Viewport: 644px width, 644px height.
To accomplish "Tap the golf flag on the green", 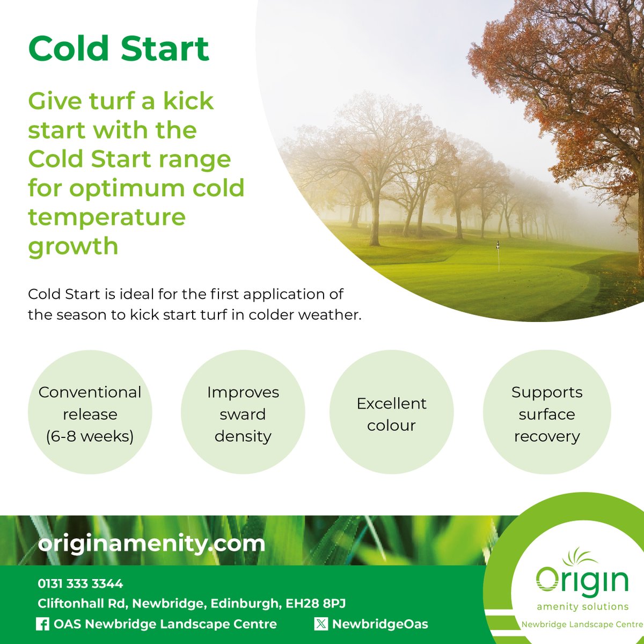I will coord(499,247).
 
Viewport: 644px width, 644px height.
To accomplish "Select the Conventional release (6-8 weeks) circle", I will coord(90,414).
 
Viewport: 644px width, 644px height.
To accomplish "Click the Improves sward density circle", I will coord(243,414).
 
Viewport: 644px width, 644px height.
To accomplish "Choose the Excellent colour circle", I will coord(391,414).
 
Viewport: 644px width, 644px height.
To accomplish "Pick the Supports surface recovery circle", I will coord(546,414).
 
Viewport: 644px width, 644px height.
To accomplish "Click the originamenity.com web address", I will coord(151,543).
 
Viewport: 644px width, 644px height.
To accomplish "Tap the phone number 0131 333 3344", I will coord(80,583).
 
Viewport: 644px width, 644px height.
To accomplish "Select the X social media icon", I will coord(321,624).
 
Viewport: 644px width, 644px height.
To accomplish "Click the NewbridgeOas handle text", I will coord(380,624).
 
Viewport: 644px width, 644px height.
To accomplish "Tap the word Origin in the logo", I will coord(582,581).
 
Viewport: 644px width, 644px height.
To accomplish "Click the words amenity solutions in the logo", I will coord(582,606).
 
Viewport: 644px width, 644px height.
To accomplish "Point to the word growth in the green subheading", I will coord(73,246).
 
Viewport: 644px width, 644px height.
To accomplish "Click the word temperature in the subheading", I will coord(107,217).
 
